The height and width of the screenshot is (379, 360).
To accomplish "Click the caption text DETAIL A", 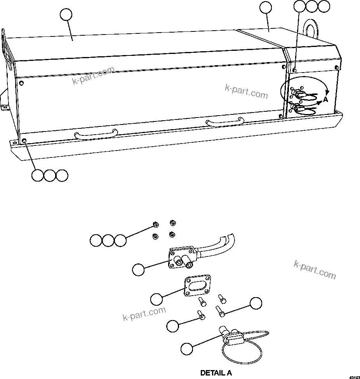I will (x=216, y=373).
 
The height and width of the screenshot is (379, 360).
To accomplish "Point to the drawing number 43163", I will (x=354, y=376).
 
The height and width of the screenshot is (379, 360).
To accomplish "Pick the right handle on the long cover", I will (x=225, y=122).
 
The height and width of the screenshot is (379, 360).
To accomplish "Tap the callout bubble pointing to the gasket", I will (x=157, y=299).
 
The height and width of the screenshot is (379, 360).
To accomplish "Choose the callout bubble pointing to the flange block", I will (x=138, y=269).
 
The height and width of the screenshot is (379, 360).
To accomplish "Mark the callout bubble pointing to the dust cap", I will (x=186, y=348).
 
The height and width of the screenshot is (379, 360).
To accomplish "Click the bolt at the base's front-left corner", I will (x=24, y=140).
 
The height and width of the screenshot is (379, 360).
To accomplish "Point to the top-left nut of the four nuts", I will (x=155, y=225).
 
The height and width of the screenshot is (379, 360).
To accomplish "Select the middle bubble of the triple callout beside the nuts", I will (x=108, y=241).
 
